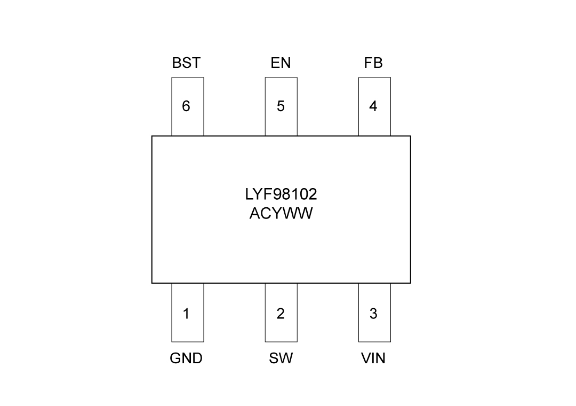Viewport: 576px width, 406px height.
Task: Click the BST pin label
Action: pos(186,63)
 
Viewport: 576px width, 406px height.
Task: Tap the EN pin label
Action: pos(281,63)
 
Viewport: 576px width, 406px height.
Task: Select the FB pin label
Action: pos(373,63)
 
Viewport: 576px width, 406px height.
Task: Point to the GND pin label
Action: pos(186,358)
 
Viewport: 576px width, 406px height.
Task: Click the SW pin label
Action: pos(281,358)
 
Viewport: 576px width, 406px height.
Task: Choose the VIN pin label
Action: pos(373,358)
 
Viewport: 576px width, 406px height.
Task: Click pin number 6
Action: pos(186,106)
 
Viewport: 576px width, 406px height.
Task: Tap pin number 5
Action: pos(281,106)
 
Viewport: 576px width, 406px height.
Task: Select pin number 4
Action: pos(373,106)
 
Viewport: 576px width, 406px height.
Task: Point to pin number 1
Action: pos(186,314)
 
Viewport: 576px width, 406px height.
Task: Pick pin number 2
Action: pos(281,314)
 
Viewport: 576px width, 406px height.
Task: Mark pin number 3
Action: pos(373,314)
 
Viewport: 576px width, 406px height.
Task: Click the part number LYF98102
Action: pos(281,194)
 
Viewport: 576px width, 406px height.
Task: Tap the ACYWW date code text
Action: pos(281,214)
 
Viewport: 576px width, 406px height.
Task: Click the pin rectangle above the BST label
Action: pos(187,123)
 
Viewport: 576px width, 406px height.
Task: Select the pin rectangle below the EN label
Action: pos(281,123)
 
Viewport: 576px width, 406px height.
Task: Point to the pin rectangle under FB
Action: pos(374,123)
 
